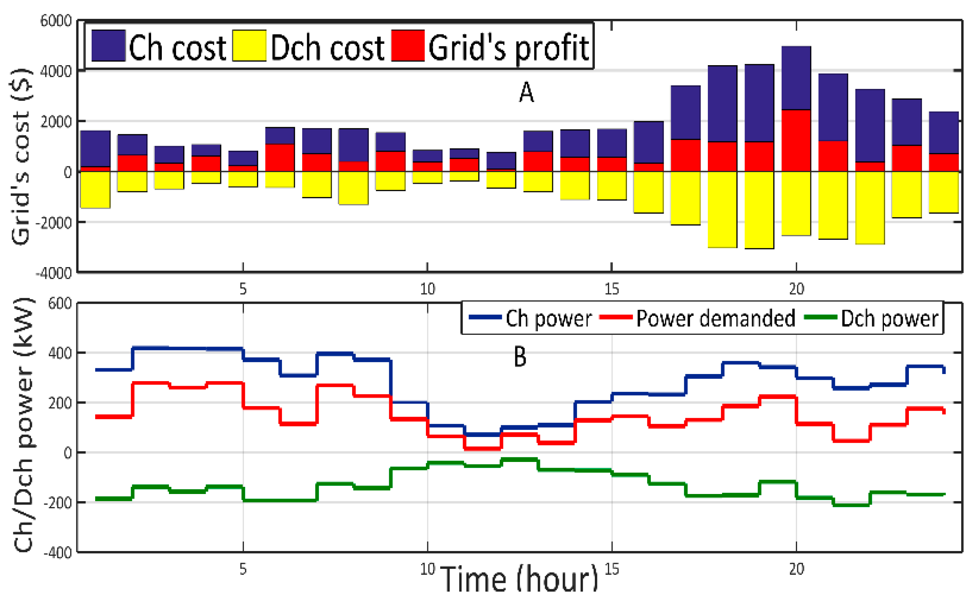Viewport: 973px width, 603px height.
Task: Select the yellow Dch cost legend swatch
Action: click(x=249, y=46)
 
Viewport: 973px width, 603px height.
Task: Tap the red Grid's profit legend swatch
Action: click(x=407, y=46)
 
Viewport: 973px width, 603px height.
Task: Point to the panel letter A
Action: click(x=526, y=93)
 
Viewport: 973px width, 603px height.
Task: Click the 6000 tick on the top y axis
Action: click(x=56, y=21)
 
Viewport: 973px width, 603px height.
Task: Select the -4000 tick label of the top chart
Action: click(x=54, y=274)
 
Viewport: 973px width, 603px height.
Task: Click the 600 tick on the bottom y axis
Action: click(x=60, y=303)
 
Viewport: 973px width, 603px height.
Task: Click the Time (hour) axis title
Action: click(x=520, y=579)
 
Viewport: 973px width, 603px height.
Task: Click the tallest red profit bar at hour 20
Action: click(x=796, y=140)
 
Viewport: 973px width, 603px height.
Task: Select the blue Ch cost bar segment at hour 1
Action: click(x=96, y=149)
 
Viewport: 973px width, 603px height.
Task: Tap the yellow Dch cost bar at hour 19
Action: click(x=759, y=210)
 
